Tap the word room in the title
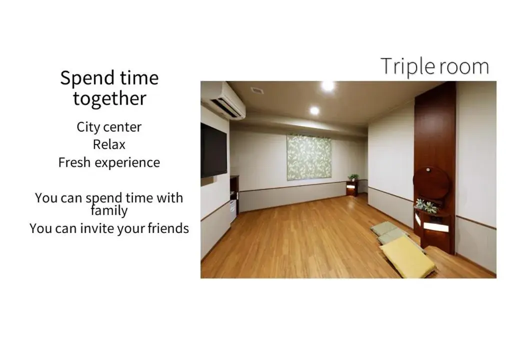[x=462, y=67]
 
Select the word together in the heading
[x=109, y=98]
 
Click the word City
[x=88, y=127]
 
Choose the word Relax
[x=109, y=144]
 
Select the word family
[x=109, y=210]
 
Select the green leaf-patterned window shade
[x=308, y=157]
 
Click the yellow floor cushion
[x=406, y=256]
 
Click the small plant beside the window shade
[x=353, y=177]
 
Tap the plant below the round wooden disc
[x=426, y=205]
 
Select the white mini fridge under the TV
[x=233, y=212]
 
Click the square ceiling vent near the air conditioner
[x=257, y=90]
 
